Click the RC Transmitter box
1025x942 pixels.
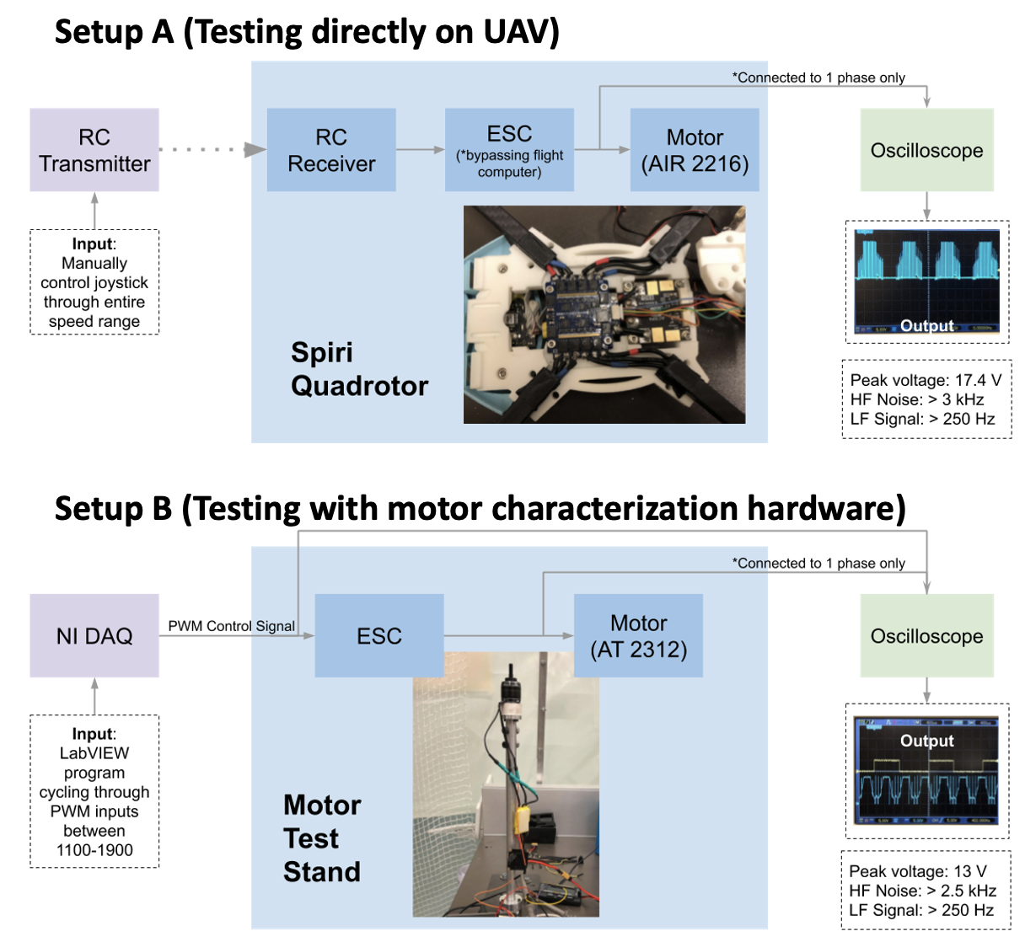[x=94, y=150]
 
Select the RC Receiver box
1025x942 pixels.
[x=331, y=150]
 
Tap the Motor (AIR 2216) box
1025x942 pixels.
[x=695, y=150]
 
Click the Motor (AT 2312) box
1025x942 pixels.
[x=638, y=636]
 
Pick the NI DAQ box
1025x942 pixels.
[x=94, y=636]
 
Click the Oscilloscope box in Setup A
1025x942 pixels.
[x=926, y=150]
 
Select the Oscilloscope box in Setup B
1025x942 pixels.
[x=926, y=636]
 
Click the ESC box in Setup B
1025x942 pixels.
[x=379, y=636]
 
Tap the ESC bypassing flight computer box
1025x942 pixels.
[x=509, y=150]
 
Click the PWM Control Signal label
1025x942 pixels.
[x=231, y=626]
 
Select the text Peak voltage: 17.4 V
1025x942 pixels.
[x=926, y=380]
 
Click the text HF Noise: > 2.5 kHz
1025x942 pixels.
[x=922, y=891]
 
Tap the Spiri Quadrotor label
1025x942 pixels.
[x=358, y=369]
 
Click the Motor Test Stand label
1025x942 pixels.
[x=322, y=838]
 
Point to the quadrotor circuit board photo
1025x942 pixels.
[x=604, y=315]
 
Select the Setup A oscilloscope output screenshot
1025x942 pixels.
[x=926, y=282]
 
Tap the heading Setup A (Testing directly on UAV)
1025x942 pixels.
[x=307, y=32]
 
